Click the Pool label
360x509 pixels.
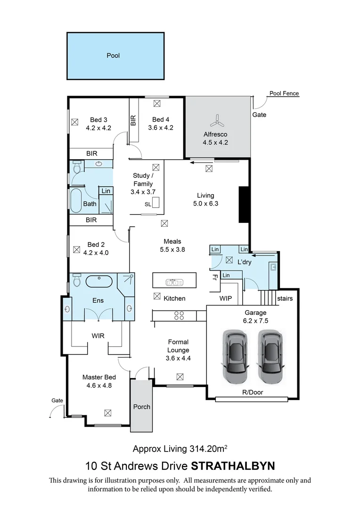tap(113, 56)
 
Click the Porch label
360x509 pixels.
tap(141, 407)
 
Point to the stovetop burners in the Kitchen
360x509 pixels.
tap(179, 315)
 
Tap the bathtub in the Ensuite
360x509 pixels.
tap(98, 281)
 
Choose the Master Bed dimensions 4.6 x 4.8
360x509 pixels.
tap(99, 386)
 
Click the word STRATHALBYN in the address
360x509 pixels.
tap(233, 466)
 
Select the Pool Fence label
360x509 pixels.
tap(284, 93)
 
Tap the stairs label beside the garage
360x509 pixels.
tap(285, 298)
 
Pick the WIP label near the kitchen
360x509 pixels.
tap(225, 298)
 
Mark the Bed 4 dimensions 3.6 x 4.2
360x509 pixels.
tap(161, 127)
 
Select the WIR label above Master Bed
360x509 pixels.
tap(98, 336)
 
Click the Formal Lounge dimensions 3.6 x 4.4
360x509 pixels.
tap(178, 358)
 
